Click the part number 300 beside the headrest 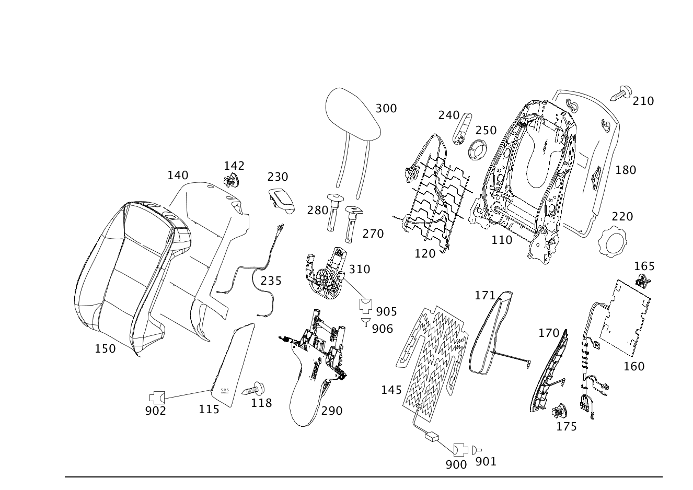(x=386, y=109)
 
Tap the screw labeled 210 (x=621, y=93)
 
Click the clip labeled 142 (x=231, y=180)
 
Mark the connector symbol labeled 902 (x=157, y=398)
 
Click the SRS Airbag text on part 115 (x=225, y=391)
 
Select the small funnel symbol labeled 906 (x=366, y=322)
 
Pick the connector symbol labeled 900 (x=460, y=450)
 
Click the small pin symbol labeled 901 (x=477, y=450)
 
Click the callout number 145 (x=391, y=390)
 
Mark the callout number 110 (x=502, y=240)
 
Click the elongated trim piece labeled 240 (x=463, y=129)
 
